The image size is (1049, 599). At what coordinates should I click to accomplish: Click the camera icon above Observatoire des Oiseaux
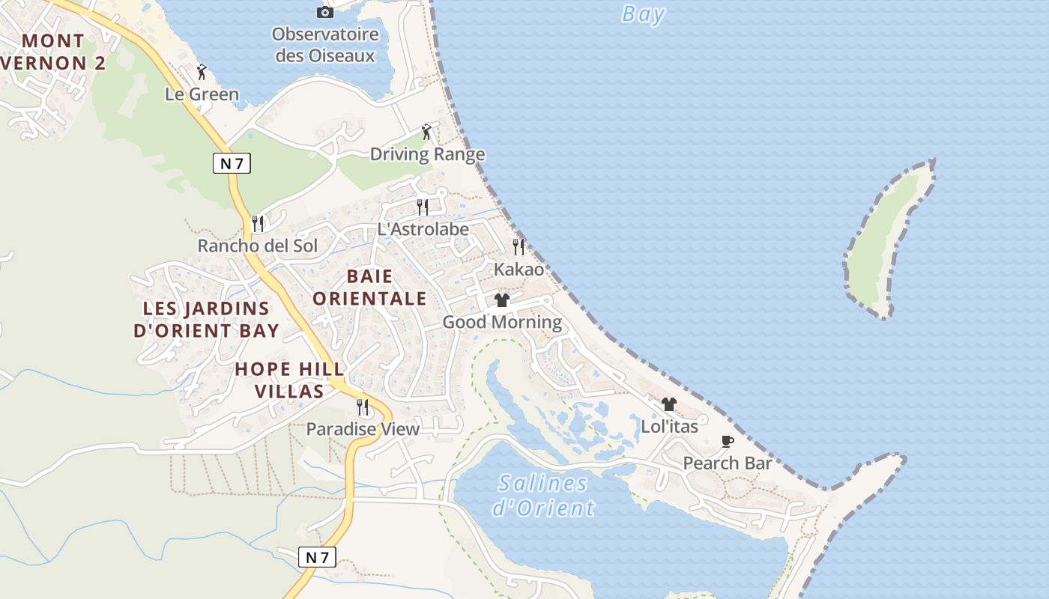[x=324, y=12]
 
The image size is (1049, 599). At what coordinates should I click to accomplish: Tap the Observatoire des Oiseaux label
[x=324, y=45]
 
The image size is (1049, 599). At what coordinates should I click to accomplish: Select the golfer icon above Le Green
[x=202, y=72]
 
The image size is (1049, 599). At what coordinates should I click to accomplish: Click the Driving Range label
[x=427, y=154]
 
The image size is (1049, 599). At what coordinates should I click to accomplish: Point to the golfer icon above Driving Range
[x=427, y=133]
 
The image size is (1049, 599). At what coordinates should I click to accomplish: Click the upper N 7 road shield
[x=232, y=162]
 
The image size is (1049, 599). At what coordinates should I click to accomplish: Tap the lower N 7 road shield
[x=317, y=556]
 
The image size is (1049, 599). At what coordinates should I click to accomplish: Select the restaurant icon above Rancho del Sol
[x=258, y=223]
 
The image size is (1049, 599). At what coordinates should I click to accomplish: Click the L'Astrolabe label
[x=423, y=229]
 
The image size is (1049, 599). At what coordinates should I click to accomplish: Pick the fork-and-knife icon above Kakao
[x=518, y=246]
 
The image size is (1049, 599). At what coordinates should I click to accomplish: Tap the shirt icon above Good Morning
[x=502, y=300]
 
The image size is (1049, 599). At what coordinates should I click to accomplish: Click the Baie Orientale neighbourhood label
[x=369, y=288]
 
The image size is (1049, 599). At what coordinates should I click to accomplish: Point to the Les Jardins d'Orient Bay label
[x=206, y=319]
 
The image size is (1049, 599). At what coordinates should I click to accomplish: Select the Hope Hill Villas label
[x=289, y=380]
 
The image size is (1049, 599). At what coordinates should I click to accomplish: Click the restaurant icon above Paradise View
[x=363, y=407]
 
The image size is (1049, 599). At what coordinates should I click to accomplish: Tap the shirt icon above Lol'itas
[x=669, y=404]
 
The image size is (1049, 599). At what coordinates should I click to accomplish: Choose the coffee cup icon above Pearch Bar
[x=727, y=441]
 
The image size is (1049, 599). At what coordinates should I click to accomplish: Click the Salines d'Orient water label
[x=543, y=496]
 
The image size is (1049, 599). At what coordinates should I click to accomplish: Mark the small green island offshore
[x=888, y=240]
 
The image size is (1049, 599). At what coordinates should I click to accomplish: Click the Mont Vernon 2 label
[x=52, y=52]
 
